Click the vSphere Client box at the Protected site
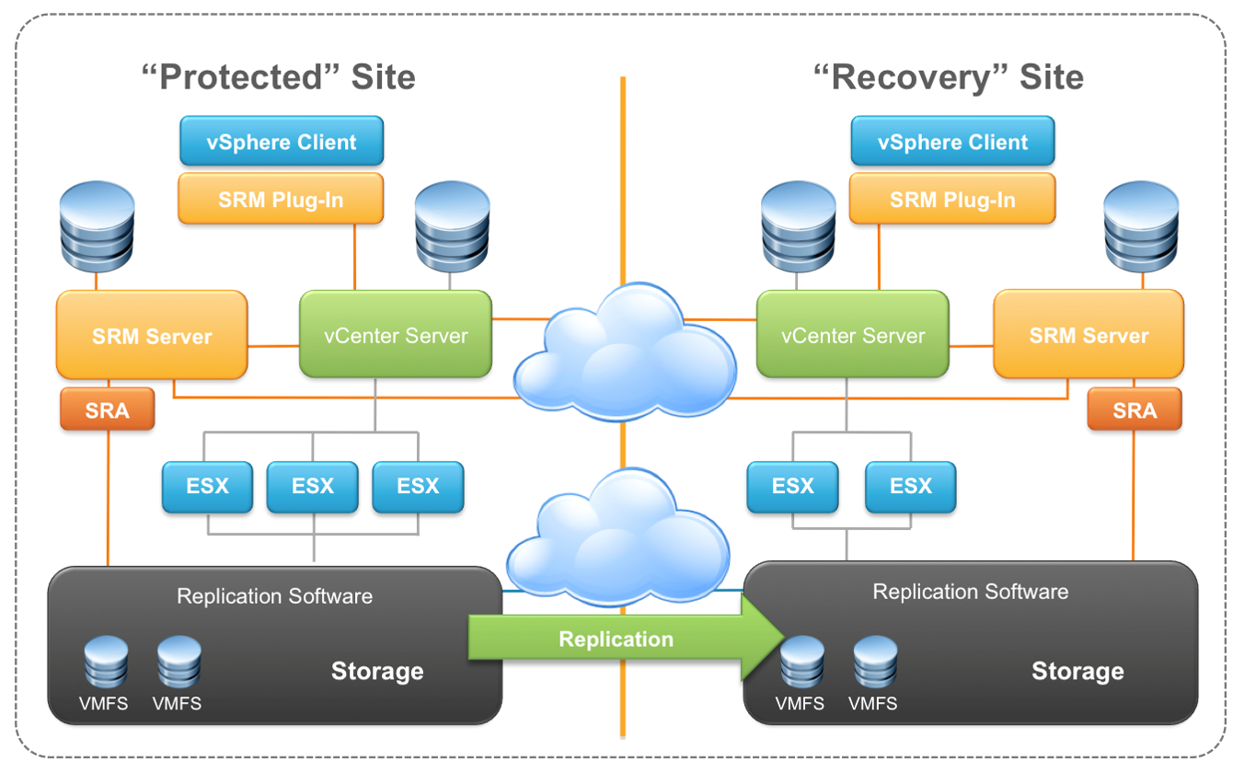click(282, 142)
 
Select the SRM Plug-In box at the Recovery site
click(952, 200)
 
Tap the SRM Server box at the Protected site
click(152, 336)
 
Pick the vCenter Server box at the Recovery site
click(852, 336)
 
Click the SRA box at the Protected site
click(108, 410)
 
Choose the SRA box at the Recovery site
click(1135, 410)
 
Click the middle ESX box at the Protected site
click(313, 487)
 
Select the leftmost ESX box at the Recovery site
click(793, 487)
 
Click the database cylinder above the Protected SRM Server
click(97, 225)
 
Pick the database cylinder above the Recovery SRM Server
click(1141, 225)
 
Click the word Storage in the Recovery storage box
click(1077, 671)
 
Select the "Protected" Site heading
click(278, 77)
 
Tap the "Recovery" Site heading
click(949, 77)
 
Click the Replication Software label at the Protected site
click(274, 596)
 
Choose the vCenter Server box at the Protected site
click(396, 336)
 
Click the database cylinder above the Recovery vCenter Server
click(799, 225)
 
